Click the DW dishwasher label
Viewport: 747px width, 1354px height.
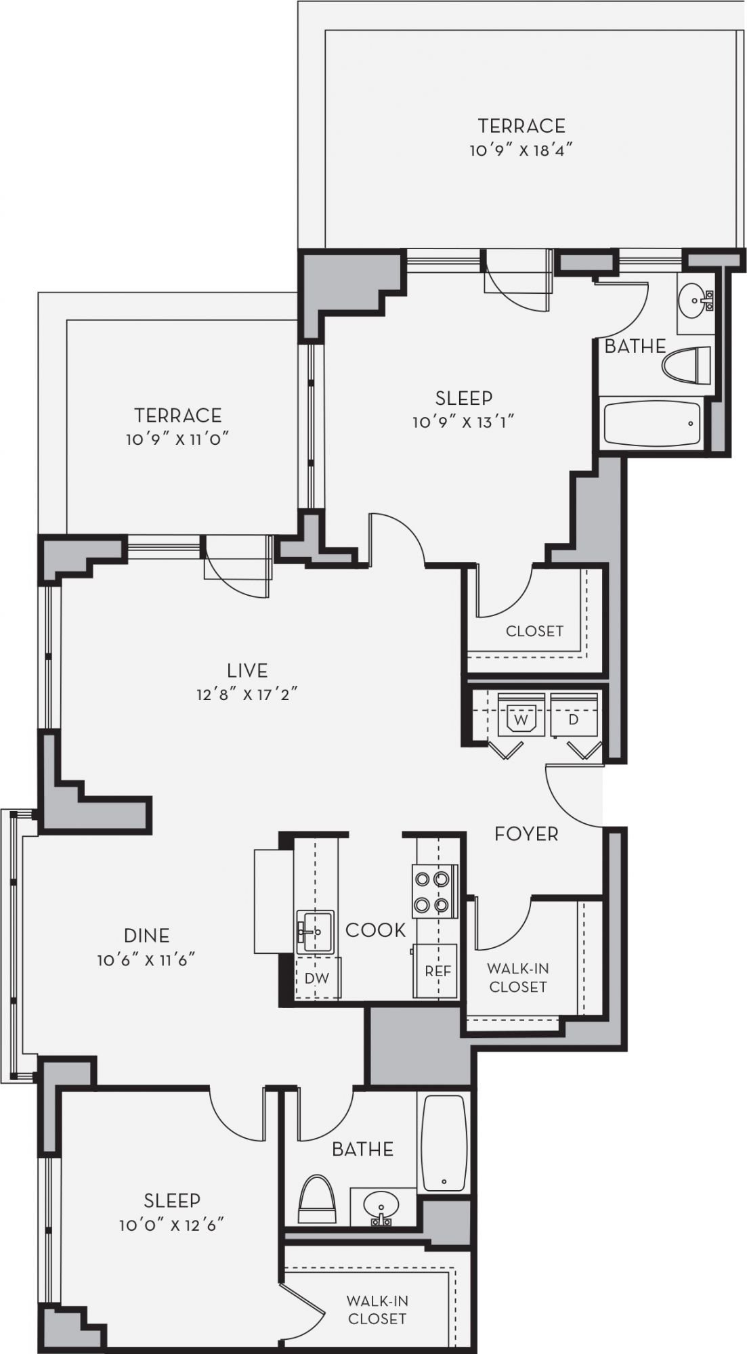(316, 978)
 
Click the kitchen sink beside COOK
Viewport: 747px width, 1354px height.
(314, 931)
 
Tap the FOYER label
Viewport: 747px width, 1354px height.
(526, 833)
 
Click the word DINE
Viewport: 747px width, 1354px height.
(147, 936)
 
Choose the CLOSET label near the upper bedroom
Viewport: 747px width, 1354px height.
(534, 631)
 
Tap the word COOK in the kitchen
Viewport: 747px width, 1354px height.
(375, 930)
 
